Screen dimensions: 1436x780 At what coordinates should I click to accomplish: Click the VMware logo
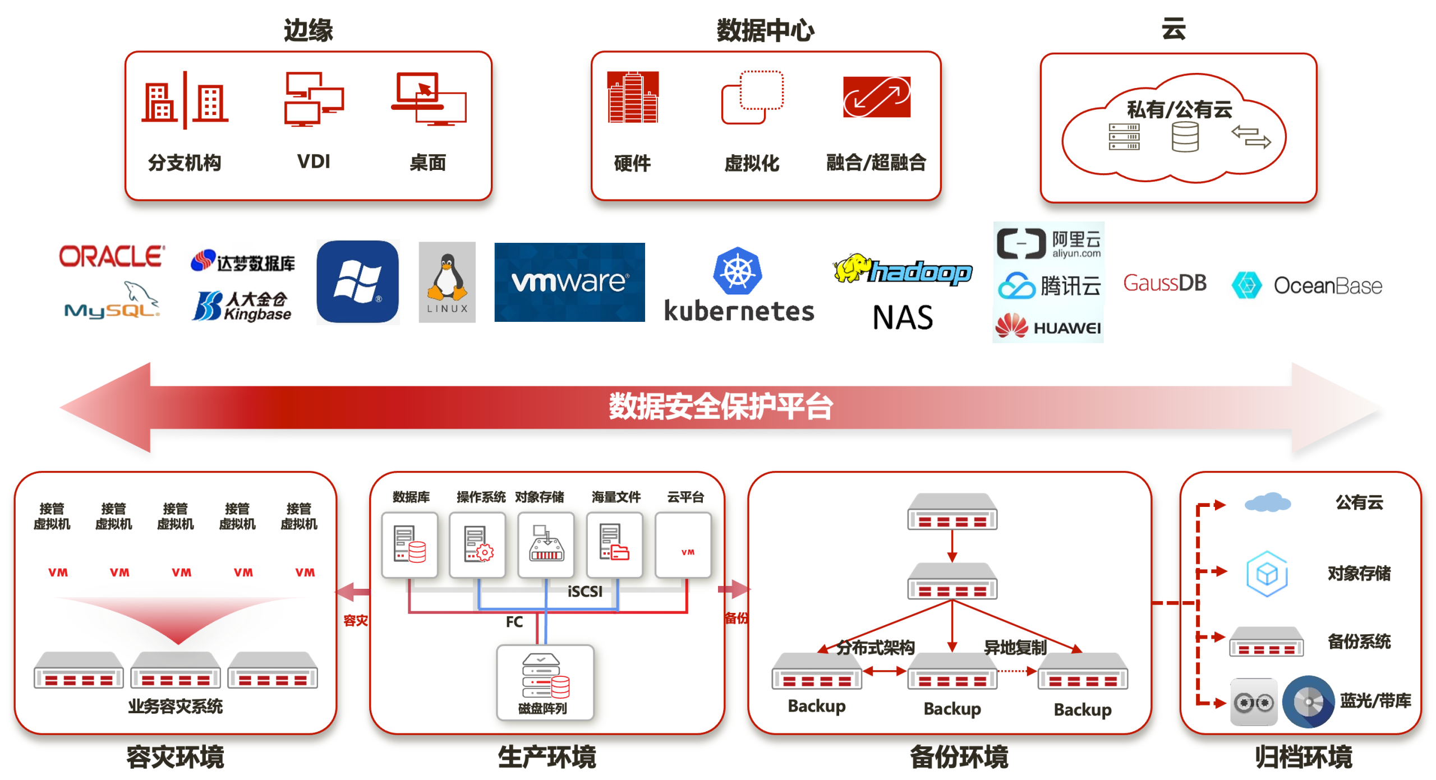coord(569,282)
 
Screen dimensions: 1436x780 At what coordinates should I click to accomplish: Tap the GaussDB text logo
coord(1165,283)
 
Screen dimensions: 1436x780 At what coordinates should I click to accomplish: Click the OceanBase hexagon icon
coord(1246,285)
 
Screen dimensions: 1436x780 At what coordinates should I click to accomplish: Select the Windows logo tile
coord(358,282)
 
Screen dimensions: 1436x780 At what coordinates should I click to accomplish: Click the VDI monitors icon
coord(314,99)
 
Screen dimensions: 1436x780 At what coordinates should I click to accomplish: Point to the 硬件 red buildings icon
coord(632,97)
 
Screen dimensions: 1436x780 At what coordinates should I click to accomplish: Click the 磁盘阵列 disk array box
coord(545,682)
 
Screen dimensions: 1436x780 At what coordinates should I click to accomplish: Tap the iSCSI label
coord(584,592)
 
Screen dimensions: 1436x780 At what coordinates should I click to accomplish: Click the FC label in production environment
coord(514,622)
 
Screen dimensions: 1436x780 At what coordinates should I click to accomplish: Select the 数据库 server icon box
coord(409,544)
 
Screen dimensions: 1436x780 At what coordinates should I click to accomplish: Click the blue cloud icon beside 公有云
coord(1267,502)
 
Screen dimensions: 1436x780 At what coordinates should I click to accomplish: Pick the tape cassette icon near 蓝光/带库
coord(1253,702)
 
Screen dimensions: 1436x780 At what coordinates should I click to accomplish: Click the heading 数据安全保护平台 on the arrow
coord(721,406)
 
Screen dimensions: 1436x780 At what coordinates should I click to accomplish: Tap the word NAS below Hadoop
coord(903,317)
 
